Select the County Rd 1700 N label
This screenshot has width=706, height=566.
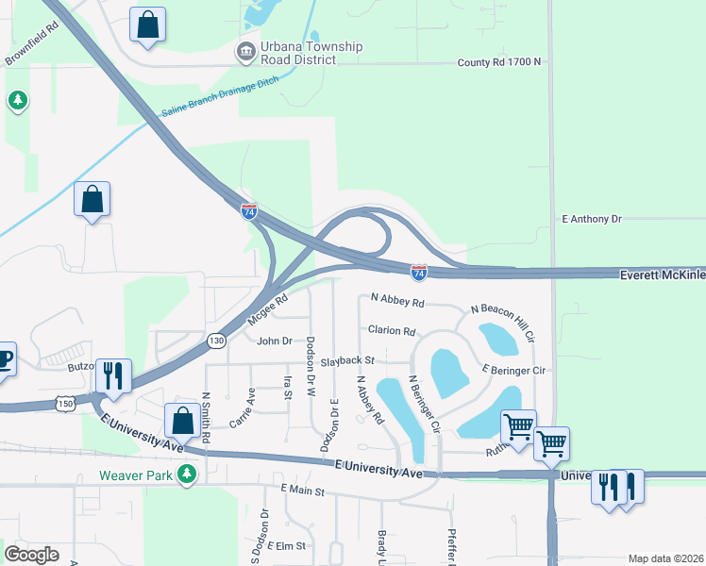[x=499, y=62]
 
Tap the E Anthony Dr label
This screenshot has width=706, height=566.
[x=592, y=219]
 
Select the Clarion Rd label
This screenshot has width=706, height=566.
[x=392, y=331]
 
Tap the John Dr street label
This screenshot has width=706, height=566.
[x=275, y=341]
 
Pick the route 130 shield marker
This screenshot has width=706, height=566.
[x=216, y=340]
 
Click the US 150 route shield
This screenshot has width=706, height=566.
[x=65, y=403]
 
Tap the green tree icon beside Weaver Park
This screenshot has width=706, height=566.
[x=188, y=474]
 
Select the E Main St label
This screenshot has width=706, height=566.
[x=302, y=491]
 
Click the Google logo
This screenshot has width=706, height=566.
[x=31, y=555]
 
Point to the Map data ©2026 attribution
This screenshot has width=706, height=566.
[x=665, y=558]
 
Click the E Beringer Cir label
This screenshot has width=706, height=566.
[x=513, y=370]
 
